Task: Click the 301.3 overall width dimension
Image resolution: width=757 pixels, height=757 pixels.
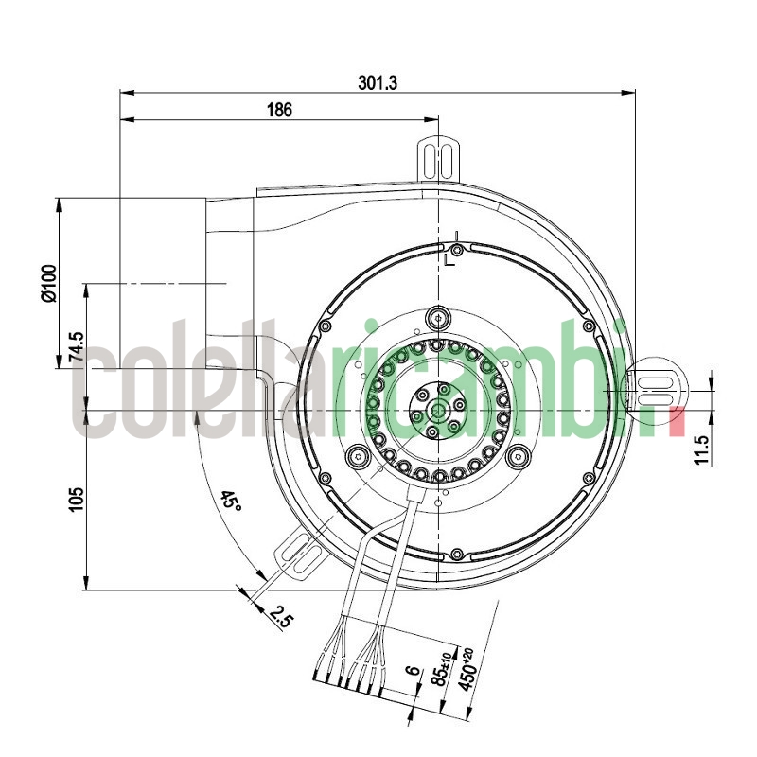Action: click(x=377, y=83)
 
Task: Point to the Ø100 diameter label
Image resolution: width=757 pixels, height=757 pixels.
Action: click(x=49, y=282)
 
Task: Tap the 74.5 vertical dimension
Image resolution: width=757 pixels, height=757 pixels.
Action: click(x=77, y=347)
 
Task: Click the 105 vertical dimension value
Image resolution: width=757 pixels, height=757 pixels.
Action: click(x=77, y=499)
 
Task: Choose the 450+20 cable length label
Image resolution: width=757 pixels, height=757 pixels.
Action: click(x=466, y=670)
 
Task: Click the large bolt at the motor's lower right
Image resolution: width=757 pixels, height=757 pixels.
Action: click(x=518, y=458)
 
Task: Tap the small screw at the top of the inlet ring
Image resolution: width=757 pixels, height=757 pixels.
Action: click(x=457, y=251)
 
